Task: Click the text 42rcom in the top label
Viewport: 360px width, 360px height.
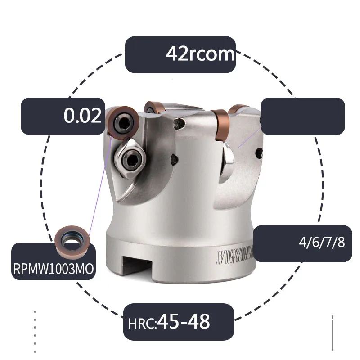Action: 200,54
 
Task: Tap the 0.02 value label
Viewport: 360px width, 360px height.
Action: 82,116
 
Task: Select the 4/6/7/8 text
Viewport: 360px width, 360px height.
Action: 322,243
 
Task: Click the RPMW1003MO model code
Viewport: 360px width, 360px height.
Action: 54,269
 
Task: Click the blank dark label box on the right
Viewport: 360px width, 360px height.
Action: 302,116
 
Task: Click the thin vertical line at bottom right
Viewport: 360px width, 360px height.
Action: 332,333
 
